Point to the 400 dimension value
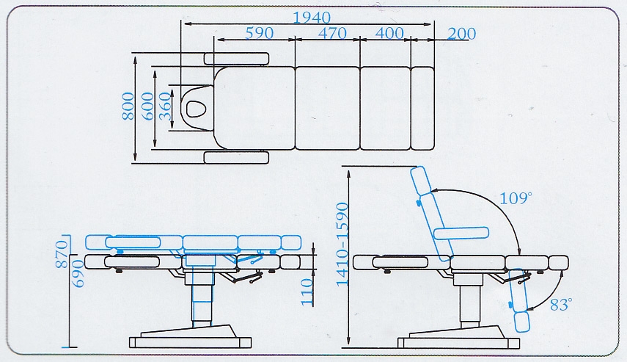(x=389, y=33)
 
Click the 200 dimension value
(x=461, y=34)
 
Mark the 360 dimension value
(x=165, y=108)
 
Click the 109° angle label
(x=516, y=198)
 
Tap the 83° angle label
(x=560, y=305)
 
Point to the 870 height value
(x=62, y=252)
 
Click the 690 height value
(x=62, y=278)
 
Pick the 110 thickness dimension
(x=307, y=292)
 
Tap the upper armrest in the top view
(x=238, y=58)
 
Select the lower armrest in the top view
(x=238, y=156)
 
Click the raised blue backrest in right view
(x=432, y=213)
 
